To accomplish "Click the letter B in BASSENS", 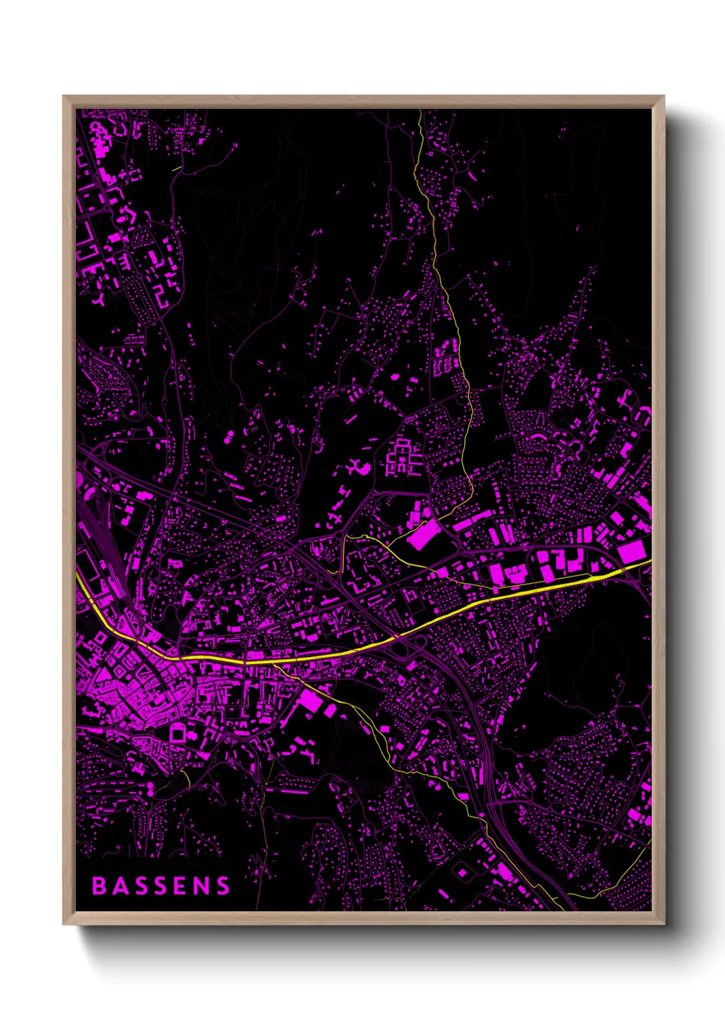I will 99,886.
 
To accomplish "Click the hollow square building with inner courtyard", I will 177,733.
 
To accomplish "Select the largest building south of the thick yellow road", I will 310,701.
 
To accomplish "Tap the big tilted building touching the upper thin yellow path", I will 422,534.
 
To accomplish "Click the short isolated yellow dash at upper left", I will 177,167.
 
